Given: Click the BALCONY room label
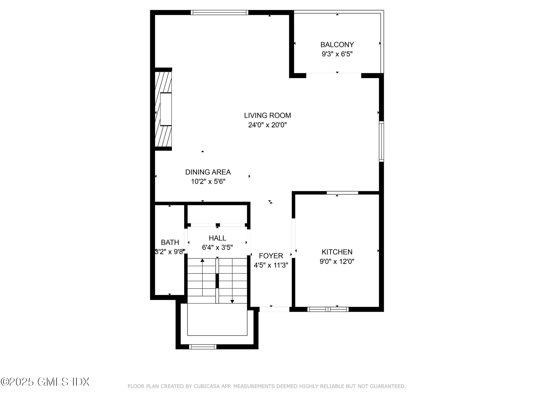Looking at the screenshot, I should point(337,45).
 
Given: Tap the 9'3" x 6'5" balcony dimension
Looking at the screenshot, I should point(337,54).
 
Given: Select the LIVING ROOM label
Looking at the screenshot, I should point(267,115).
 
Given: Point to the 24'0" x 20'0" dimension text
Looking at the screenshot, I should point(267,125).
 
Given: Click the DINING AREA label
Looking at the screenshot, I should point(208,172).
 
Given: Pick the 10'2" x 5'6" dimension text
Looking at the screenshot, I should point(208,182).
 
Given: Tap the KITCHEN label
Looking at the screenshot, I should point(337,252).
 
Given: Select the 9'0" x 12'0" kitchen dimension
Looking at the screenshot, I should point(337,261).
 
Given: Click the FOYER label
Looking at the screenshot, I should point(271,256).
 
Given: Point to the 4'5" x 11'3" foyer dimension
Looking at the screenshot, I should point(271,265).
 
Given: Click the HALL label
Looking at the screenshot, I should point(217,238).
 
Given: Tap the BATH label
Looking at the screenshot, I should point(170,242).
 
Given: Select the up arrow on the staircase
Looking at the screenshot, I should point(202,260).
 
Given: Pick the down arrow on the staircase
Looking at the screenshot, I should point(232,301).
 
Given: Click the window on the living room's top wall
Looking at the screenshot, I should point(219,12).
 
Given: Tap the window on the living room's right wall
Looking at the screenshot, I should point(381,141).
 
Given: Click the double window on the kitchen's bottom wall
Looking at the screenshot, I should point(328,309).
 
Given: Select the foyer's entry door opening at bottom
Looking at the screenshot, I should point(274,309).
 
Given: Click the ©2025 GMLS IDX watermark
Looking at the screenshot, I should point(45,382).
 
